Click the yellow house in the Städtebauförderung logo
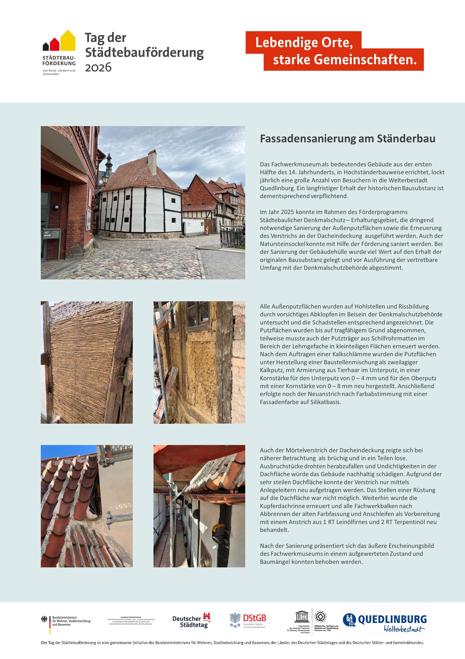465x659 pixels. click(x=68, y=41)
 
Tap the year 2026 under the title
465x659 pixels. click(x=98, y=67)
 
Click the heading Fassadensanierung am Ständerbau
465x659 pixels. click(x=347, y=139)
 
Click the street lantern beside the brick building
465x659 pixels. click(x=105, y=179)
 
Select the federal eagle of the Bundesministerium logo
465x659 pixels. click(x=45, y=620)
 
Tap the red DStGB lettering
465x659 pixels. click(x=254, y=618)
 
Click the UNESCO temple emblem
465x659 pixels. click(x=302, y=616)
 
